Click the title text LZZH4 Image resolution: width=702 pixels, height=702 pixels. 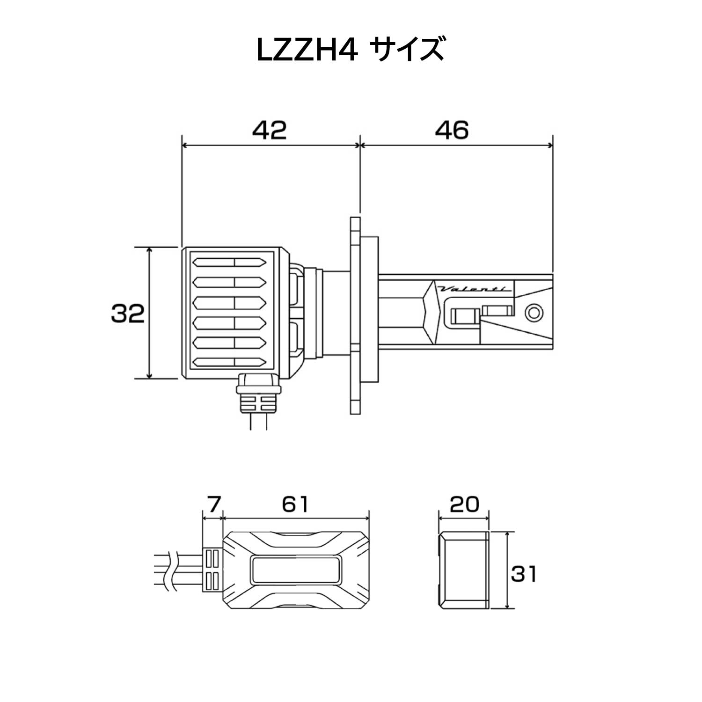click(307, 51)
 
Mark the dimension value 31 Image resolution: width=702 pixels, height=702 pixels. click(523, 573)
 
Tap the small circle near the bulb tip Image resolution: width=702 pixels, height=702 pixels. click(534, 312)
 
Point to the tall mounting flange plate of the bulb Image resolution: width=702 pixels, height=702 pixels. click(356, 314)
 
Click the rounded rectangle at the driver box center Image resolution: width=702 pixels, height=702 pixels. click(296, 570)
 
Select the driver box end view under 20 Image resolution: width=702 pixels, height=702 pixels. click(464, 570)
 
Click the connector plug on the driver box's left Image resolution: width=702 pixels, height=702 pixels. click(212, 570)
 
